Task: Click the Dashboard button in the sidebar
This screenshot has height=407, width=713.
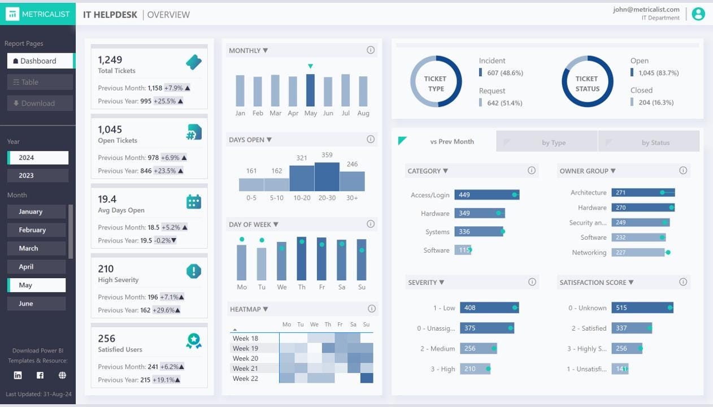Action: [x=40, y=60]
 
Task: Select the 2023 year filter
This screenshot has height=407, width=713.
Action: [x=38, y=175]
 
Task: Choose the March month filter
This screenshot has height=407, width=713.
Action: [x=37, y=248]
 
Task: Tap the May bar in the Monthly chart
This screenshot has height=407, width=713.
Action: [x=310, y=90]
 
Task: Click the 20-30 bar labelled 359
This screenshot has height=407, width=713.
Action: [x=327, y=176]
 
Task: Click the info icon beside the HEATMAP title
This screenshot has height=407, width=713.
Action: [x=371, y=309]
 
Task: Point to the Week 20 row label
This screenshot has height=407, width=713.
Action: [x=245, y=358]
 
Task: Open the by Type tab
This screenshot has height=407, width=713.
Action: [x=553, y=142]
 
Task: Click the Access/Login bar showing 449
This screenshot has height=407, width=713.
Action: [x=486, y=194]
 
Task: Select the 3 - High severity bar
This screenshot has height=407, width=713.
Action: [x=475, y=369]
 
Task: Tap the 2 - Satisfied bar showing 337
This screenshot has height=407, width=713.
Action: [x=631, y=328]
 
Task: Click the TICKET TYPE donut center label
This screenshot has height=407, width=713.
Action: [x=435, y=84]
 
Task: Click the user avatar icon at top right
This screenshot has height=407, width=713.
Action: [x=698, y=14]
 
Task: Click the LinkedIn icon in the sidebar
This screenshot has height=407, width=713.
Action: [x=18, y=375]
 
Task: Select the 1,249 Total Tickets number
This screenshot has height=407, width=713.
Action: [x=110, y=60]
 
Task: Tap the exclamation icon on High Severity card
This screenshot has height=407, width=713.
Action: [x=194, y=271]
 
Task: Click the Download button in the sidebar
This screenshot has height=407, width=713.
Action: [x=40, y=103]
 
